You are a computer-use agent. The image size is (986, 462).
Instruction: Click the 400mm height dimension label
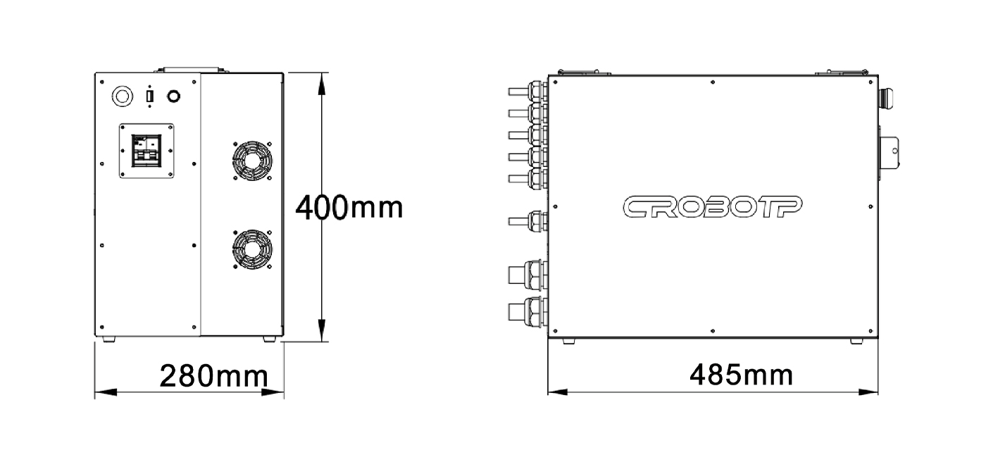coord(349,208)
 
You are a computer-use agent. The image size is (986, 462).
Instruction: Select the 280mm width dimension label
coord(213,376)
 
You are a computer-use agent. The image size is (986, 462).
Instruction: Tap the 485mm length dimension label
coord(741,375)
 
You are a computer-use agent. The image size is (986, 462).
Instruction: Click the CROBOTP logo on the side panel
coord(712,207)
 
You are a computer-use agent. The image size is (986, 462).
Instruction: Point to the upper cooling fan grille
coord(252,161)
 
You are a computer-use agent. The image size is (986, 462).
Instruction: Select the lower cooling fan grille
coord(252,249)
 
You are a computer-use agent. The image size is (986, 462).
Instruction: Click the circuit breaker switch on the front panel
coord(146,151)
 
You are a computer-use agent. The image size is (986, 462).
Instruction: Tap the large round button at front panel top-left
coord(123,96)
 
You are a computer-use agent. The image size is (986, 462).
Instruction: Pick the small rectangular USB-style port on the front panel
coord(149,96)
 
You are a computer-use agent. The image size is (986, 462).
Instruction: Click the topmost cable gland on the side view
coord(528,92)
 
